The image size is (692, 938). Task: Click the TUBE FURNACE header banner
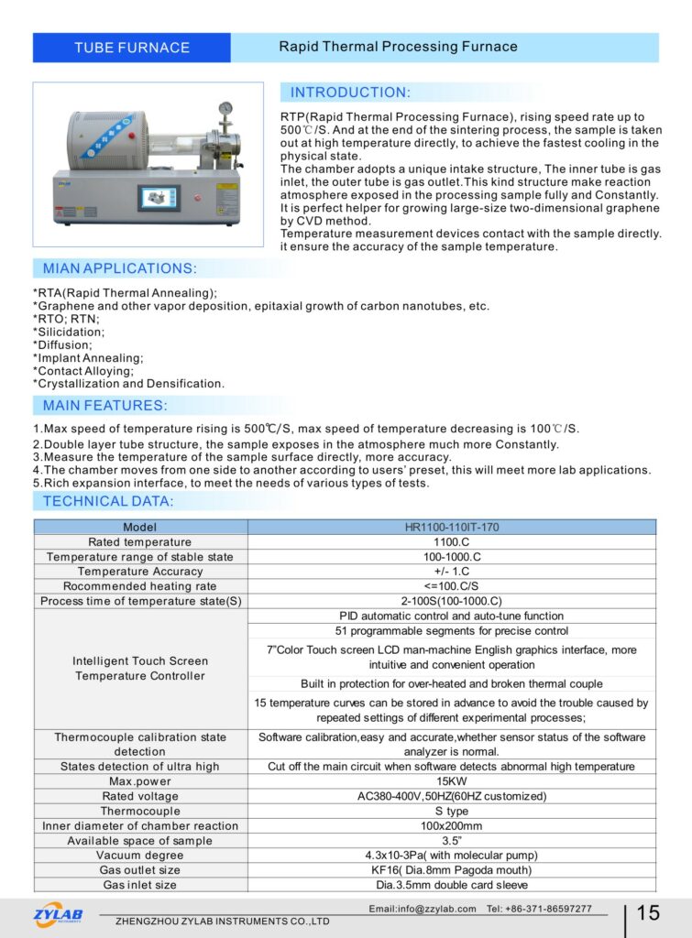(132, 48)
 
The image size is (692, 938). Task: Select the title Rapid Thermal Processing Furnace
(398, 47)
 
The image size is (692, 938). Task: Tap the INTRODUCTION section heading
(350, 93)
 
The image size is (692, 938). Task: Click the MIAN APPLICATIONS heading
(119, 268)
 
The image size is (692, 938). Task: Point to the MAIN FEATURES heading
(104, 405)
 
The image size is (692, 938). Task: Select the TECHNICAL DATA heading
(108, 501)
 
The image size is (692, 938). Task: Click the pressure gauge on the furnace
(225, 109)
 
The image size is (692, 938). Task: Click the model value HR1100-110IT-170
(452, 528)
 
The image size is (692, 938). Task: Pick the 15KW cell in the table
(452, 781)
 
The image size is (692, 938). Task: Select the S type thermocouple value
(452, 811)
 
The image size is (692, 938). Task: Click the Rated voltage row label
(140, 796)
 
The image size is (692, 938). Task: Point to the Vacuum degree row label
(140, 855)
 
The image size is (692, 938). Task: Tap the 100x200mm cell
(452, 825)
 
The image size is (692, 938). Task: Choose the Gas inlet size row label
(140, 885)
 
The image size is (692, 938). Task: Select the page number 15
(648, 913)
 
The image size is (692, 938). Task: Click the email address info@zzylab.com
(423, 909)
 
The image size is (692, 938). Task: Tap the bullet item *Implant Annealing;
(88, 358)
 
